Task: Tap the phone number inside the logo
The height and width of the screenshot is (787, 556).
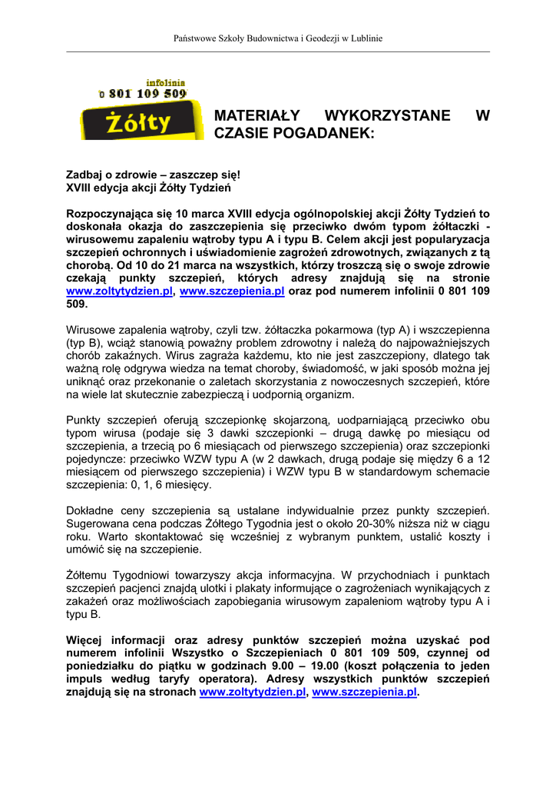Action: (x=143, y=94)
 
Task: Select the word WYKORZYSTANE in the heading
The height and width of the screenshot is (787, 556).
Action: (x=388, y=116)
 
